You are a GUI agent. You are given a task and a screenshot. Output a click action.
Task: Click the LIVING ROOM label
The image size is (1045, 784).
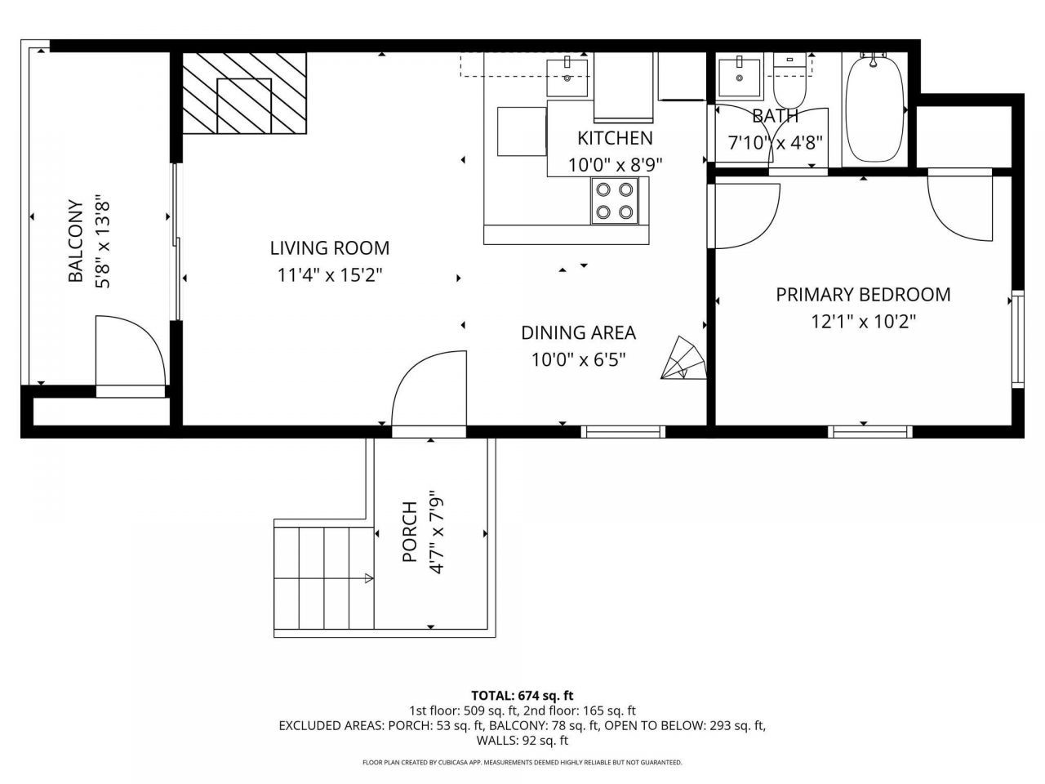point(329,247)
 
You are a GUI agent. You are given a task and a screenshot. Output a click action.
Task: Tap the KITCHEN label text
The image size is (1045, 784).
point(615,138)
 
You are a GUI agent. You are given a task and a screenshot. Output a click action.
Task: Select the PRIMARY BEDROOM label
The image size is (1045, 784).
point(863,294)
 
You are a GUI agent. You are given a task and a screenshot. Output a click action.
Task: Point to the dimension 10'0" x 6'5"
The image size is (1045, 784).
point(578,359)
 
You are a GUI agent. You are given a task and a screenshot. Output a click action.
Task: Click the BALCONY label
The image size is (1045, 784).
point(76,241)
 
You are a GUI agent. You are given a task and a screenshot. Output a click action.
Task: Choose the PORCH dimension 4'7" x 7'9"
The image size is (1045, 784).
point(436,532)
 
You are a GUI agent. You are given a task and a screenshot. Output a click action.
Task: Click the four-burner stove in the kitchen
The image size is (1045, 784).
point(614,201)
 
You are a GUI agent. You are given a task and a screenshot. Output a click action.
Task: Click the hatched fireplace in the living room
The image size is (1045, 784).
point(244,93)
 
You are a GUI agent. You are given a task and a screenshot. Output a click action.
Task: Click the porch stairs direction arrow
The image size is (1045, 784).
point(367,579)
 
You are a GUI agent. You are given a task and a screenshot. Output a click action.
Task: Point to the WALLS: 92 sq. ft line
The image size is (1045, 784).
point(522,741)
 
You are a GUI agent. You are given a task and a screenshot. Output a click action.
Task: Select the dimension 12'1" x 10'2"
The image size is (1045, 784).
point(863,322)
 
